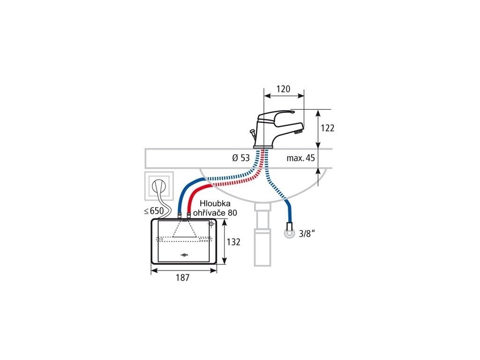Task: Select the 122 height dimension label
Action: coord(328,128)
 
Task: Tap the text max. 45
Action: coord(301,158)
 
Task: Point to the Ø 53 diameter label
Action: coord(241,158)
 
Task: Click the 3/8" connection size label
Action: coord(305,233)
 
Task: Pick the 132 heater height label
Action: coord(233,242)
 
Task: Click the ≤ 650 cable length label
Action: coord(154,211)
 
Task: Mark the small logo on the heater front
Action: coord(184,255)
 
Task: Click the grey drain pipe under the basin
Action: coord(262,234)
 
